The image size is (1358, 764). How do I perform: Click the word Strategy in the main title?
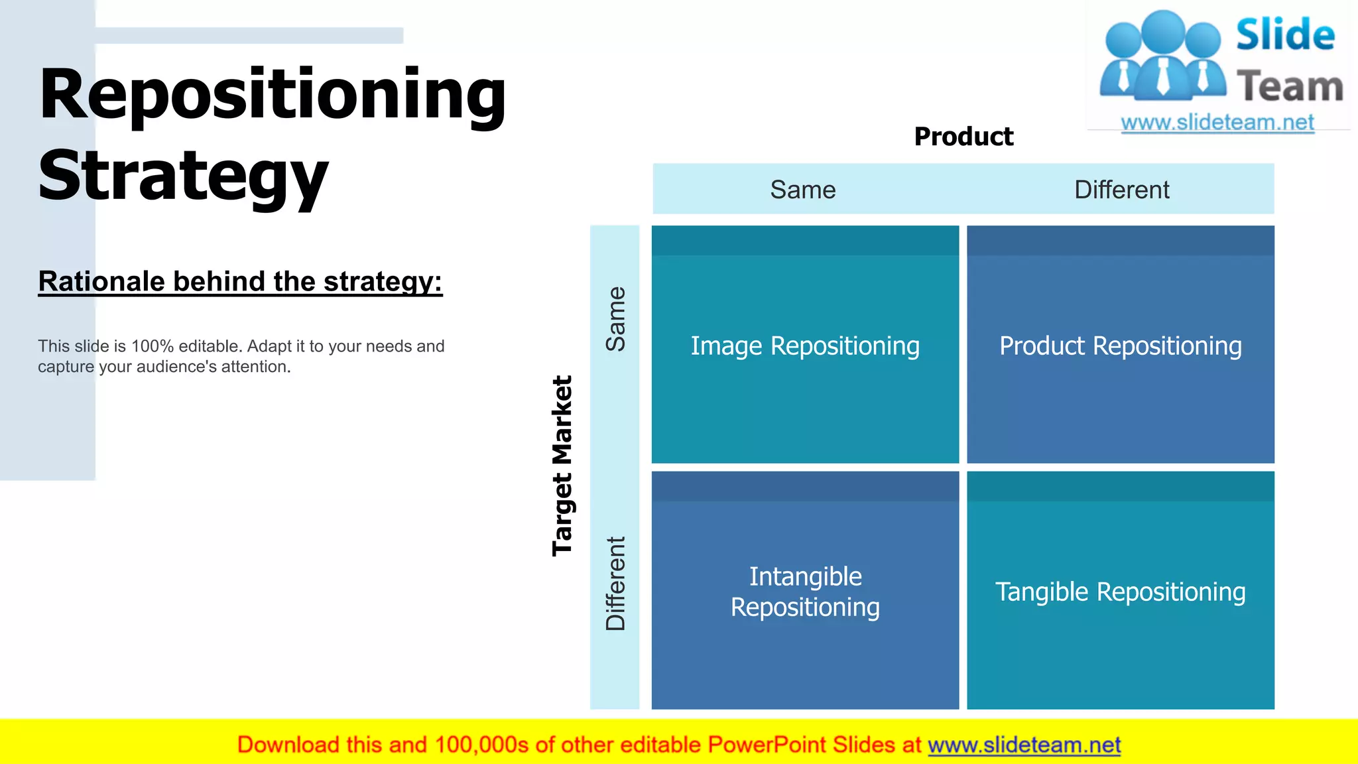coord(183,176)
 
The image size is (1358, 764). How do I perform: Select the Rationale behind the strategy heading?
coord(240,282)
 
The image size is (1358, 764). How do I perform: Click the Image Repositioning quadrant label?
coord(805,346)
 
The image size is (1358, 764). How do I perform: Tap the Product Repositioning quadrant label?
coord(1120,346)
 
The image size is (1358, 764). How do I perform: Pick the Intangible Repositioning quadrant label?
coord(805,592)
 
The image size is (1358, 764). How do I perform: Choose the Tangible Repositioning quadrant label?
coord(1120,592)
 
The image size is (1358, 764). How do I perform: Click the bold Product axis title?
coord(963,137)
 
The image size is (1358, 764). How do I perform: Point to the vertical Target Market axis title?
coord(562,466)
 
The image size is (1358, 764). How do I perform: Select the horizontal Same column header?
coord(802,190)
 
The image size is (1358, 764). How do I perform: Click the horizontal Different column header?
coord(1121,190)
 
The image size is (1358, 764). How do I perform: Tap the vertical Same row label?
coord(615,319)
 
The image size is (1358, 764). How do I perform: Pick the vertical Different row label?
coord(615,584)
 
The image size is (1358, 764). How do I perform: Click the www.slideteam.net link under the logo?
coord(1217,123)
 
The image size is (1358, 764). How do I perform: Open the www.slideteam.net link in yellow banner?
coord(1024,745)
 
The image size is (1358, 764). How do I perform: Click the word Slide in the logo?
coord(1285,35)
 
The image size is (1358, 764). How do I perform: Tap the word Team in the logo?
coord(1290,87)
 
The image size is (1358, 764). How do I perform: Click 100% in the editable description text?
coord(152,346)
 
